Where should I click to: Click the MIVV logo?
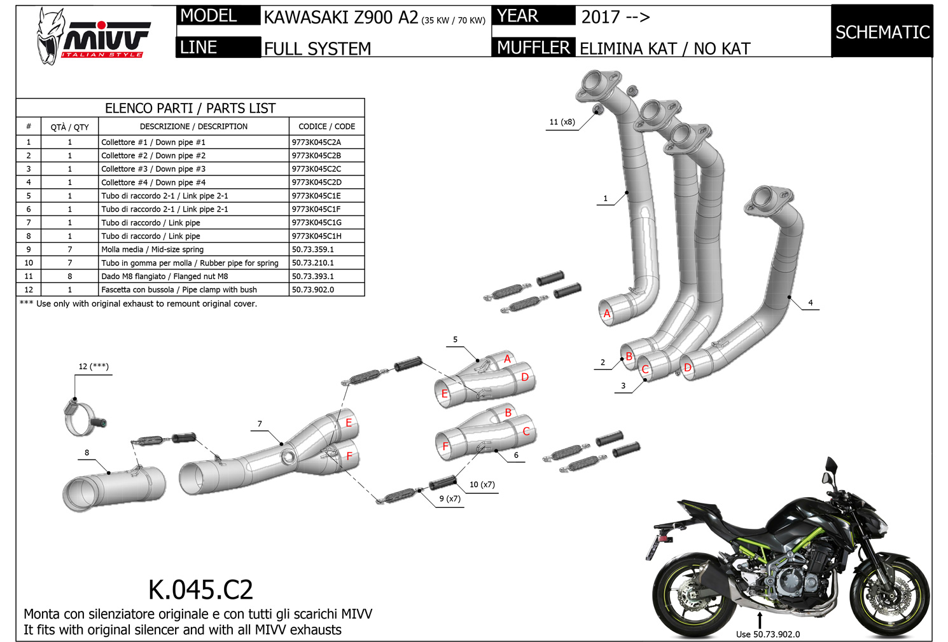click(x=93, y=37)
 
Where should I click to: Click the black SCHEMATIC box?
click(x=882, y=31)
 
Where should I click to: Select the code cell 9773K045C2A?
click(x=316, y=142)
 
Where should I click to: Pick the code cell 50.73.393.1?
click(x=313, y=276)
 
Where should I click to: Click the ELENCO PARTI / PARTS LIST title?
click(x=190, y=108)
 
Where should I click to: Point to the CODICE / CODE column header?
click(x=327, y=126)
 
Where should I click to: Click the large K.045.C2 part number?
click(x=200, y=589)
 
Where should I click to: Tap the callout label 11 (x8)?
click(x=562, y=122)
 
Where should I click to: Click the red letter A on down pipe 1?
click(x=607, y=313)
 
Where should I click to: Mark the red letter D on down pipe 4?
click(x=688, y=367)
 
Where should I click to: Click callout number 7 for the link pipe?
click(x=260, y=424)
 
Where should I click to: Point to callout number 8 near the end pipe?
click(x=87, y=453)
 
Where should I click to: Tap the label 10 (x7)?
click(x=482, y=484)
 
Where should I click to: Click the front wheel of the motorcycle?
click(x=889, y=596)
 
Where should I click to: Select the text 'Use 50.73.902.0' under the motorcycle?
click(x=768, y=634)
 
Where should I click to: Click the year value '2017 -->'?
click(x=615, y=17)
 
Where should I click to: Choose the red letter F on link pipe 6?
click(x=445, y=446)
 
